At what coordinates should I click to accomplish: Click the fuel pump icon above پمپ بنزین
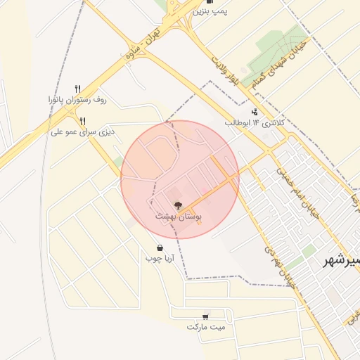(210, 2)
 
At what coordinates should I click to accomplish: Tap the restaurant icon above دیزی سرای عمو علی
(82, 121)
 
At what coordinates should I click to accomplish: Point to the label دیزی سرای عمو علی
(82, 131)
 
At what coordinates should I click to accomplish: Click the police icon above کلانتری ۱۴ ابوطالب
(254, 111)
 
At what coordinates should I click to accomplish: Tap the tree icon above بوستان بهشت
(178, 206)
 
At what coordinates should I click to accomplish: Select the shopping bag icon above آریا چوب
(160, 247)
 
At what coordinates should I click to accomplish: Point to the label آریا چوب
(160, 259)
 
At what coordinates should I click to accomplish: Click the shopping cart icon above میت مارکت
(205, 317)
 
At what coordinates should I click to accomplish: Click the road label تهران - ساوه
(143, 45)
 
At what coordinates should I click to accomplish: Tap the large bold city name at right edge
(340, 261)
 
